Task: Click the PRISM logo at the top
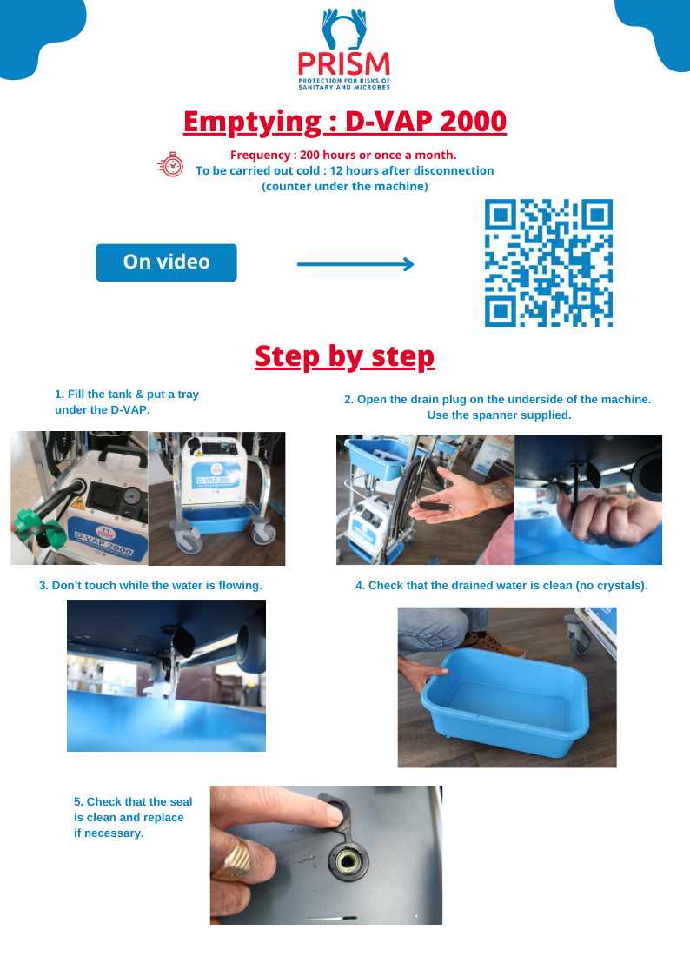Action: coord(344,50)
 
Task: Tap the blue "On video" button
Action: coord(166,262)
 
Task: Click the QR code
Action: coord(548,262)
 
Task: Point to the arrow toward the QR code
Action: coord(355,264)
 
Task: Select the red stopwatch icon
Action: coord(171,165)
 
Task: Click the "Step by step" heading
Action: coord(345,356)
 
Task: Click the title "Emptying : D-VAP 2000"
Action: coord(345,122)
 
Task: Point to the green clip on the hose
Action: coord(38,528)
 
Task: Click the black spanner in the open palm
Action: coord(435,507)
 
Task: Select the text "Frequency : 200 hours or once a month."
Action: coord(343,155)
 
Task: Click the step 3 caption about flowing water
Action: coord(150,586)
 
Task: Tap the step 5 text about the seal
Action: coord(133,817)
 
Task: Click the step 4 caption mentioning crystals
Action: coord(501,586)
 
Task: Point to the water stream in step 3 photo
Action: coord(169,685)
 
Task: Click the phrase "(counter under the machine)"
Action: coord(345,186)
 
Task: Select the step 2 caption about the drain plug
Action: coord(498,407)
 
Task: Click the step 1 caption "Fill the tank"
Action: coord(127,402)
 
